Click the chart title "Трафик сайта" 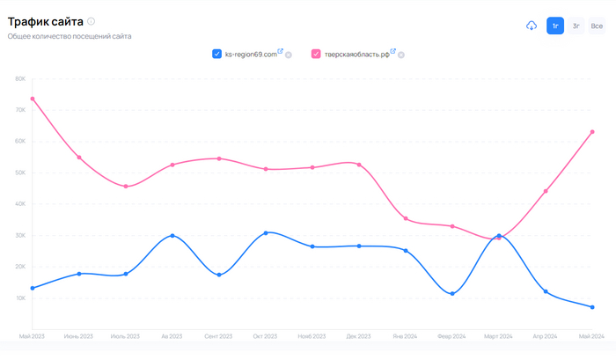coord(45,20)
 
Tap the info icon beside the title coord(92,21)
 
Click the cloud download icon coord(532,26)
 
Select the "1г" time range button coord(555,26)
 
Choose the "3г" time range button coord(576,26)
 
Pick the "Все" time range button coord(598,26)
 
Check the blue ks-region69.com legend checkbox coord(216,54)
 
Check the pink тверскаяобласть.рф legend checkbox coord(316,54)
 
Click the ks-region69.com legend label coord(250,54)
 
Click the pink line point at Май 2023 coord(33,99)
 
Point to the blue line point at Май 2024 coord(592,307)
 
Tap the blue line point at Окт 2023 coord(266,232)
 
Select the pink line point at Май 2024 coord(592,132)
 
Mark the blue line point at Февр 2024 coord(452,294)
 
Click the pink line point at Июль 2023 coord(126,187)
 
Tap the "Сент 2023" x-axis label coord(219,336)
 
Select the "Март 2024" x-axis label coord(499,336)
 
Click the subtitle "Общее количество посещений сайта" coord(70,36)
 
